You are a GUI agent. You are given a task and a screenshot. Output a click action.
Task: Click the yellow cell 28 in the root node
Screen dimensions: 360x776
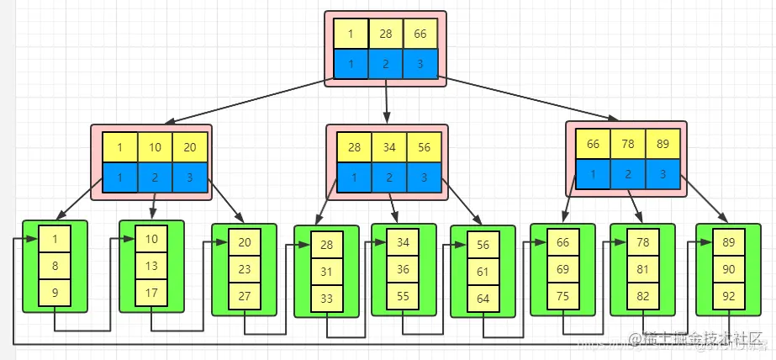[386, 34]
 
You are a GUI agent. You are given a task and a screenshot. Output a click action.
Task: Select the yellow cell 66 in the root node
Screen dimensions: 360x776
[420, 34]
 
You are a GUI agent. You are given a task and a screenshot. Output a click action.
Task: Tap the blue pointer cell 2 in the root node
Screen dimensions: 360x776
[386, 64]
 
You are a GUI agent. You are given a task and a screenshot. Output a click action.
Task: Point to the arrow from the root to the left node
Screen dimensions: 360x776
[244, 104]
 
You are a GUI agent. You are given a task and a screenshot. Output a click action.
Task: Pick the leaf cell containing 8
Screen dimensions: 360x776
[55, 266]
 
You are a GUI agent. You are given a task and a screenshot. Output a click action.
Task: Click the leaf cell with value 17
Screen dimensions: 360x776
[151, 294]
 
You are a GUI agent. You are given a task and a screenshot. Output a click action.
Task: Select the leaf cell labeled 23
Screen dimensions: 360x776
[245, 269]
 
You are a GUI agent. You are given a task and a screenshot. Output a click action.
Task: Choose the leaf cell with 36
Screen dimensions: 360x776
[404, 269]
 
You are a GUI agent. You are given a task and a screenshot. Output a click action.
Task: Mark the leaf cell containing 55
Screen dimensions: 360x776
[404, 296]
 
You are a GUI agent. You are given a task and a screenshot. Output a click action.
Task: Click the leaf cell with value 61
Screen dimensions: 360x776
[483, 272]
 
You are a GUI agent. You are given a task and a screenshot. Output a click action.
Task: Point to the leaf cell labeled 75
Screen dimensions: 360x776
[562, 295]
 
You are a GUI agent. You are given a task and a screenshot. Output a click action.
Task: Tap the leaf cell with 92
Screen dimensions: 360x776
[728, 295]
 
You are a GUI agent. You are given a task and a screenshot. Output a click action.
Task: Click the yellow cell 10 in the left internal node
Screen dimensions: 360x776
[156, 147]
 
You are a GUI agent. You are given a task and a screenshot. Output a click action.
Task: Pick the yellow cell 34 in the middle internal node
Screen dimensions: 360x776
[389, 147]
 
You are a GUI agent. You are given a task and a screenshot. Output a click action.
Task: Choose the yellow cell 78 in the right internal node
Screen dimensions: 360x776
[627, 144]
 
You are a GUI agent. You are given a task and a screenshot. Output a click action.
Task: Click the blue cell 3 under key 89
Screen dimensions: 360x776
[663, 174]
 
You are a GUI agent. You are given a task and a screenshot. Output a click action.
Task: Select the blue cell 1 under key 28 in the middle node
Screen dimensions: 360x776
[355, 177]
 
